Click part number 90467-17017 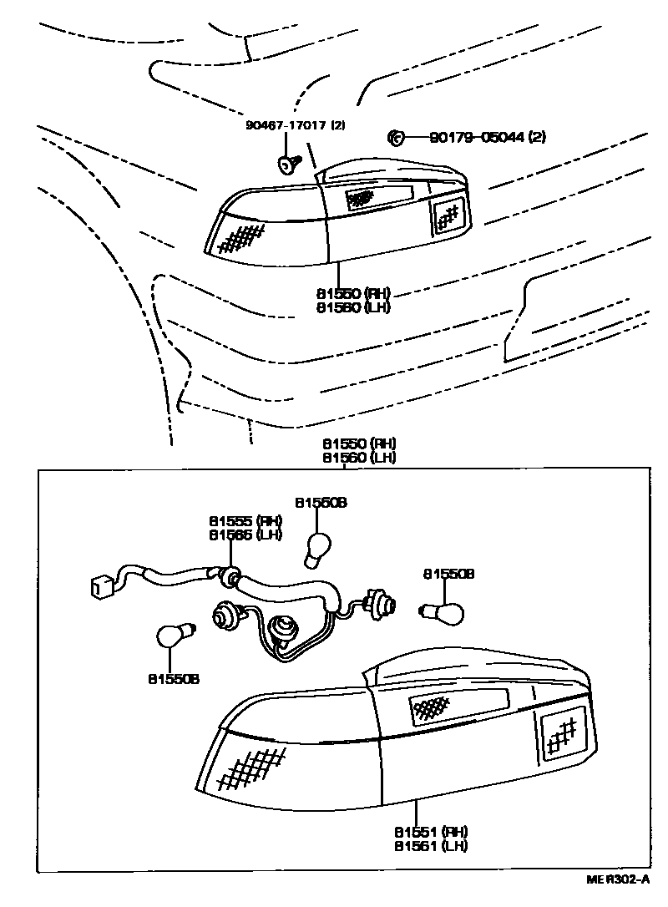tap(287, 125)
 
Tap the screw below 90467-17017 tap(289, 162)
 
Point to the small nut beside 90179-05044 tap(397, 137)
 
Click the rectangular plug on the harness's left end tap(99, 586)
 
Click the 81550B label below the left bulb tap(174, 679)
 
